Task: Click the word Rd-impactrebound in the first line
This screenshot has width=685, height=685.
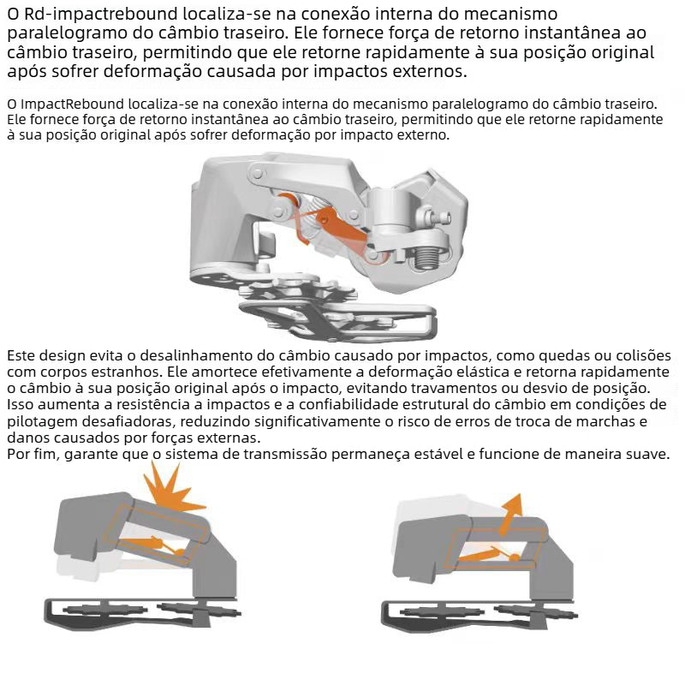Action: pyautogui.click(x=100, y=14)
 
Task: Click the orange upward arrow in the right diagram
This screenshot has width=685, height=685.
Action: pyautogui.click(x=510, y=515)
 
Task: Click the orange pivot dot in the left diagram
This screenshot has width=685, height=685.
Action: pyautogui.click(x=179, y=552)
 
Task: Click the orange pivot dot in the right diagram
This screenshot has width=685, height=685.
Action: pyautogui.click(x=515, y=557)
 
